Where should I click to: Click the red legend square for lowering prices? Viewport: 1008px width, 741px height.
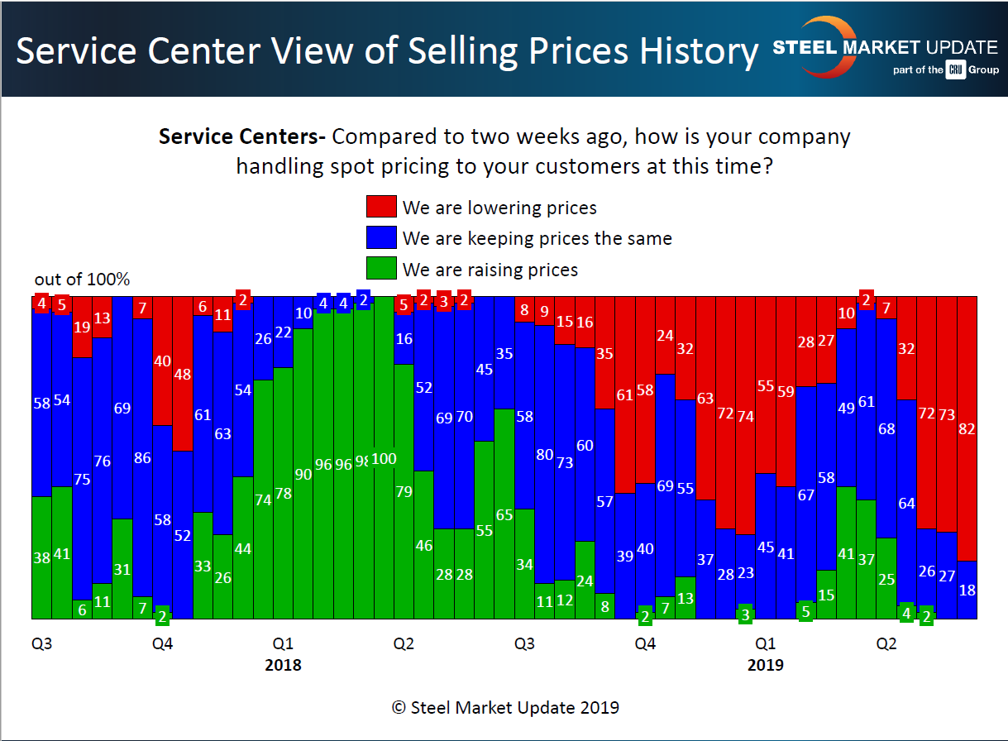point(381,208)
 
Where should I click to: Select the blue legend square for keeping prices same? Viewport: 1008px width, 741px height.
point(381,238)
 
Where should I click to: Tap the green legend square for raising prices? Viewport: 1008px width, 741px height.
point(381,269)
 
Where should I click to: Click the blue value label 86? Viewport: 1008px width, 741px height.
point(142,457)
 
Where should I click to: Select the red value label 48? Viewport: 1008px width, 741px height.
point(183,373)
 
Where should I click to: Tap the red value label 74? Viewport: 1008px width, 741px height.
point(746,416)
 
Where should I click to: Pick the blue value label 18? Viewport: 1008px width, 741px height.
point(967,590)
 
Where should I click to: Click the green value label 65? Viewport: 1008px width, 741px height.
point(504,514)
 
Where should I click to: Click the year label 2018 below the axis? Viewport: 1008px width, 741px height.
point(283,665)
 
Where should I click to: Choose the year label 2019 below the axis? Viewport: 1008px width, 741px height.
point(765,665)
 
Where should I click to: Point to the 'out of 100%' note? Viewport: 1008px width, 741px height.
point(82,280)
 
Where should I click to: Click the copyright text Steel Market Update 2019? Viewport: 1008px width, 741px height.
point(504,707)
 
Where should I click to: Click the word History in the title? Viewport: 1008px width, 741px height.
point(698,51)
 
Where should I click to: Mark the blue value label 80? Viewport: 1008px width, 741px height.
point(544,454)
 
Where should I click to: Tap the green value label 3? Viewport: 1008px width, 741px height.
point(745,614)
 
